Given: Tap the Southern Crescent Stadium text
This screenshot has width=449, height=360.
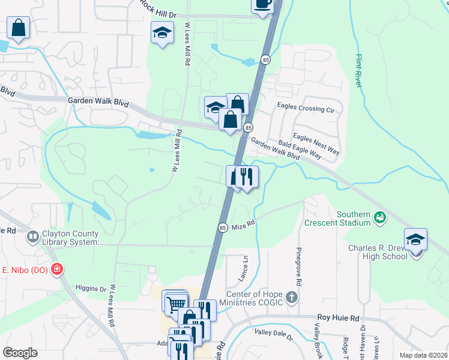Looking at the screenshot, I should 353,218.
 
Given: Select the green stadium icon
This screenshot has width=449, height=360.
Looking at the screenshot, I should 379,216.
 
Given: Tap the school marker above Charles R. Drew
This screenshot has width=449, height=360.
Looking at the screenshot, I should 415,240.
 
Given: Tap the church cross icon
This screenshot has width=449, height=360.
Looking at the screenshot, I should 291,297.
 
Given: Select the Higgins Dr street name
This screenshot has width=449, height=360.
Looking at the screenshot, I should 91,289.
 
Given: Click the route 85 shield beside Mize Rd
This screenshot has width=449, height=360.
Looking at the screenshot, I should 222,227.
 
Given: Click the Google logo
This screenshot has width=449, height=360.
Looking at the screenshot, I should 20,353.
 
